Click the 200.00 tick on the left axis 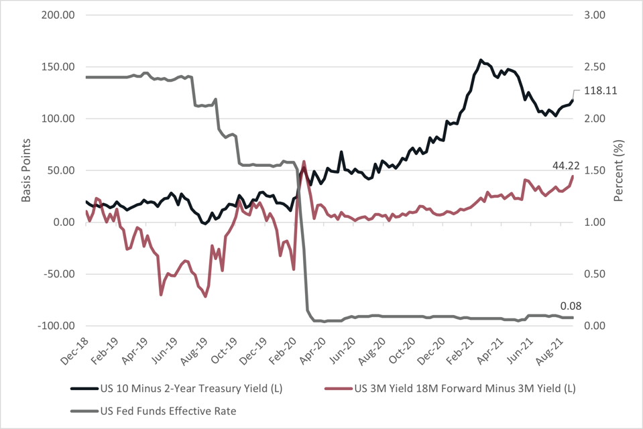click(x=58, y=15)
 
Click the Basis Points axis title click(x=26, y=170)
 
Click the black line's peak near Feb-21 click(x=481, y=60)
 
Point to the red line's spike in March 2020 click(x=304, y=162)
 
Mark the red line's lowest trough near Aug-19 click(x=205, y=296)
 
